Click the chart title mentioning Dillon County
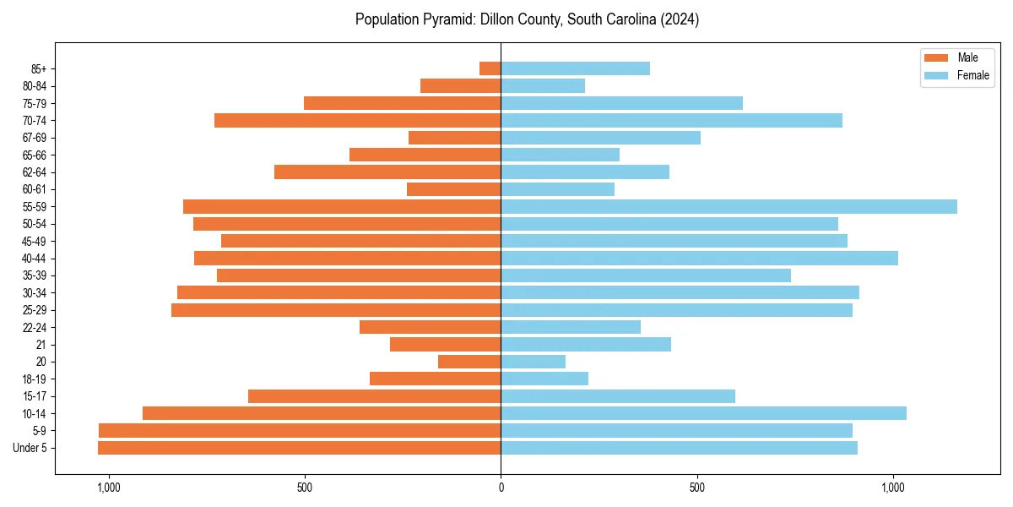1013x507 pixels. coord(527,19)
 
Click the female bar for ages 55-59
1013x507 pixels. coord(729,206)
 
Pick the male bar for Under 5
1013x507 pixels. coord(299,448)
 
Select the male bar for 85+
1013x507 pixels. coord(490,68)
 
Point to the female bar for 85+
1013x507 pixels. coord(575,68)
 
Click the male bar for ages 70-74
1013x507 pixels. coord(357,120)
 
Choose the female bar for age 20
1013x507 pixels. coord(533,362)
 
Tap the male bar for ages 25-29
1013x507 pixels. coord(336,310)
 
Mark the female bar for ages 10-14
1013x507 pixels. coord(703,413)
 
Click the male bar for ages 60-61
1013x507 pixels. coord(453,189)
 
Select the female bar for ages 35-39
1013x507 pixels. coord(646,275)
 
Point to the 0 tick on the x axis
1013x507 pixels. coord(501,488)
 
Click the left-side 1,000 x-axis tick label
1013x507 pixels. coord(109,488)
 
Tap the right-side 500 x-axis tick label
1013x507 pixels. coord(696,488)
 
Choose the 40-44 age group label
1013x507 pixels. coord(35,259)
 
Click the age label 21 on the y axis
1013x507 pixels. coord(41,345)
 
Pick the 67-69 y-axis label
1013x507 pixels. coord(35,138)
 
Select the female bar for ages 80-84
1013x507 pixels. coord(543,85)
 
